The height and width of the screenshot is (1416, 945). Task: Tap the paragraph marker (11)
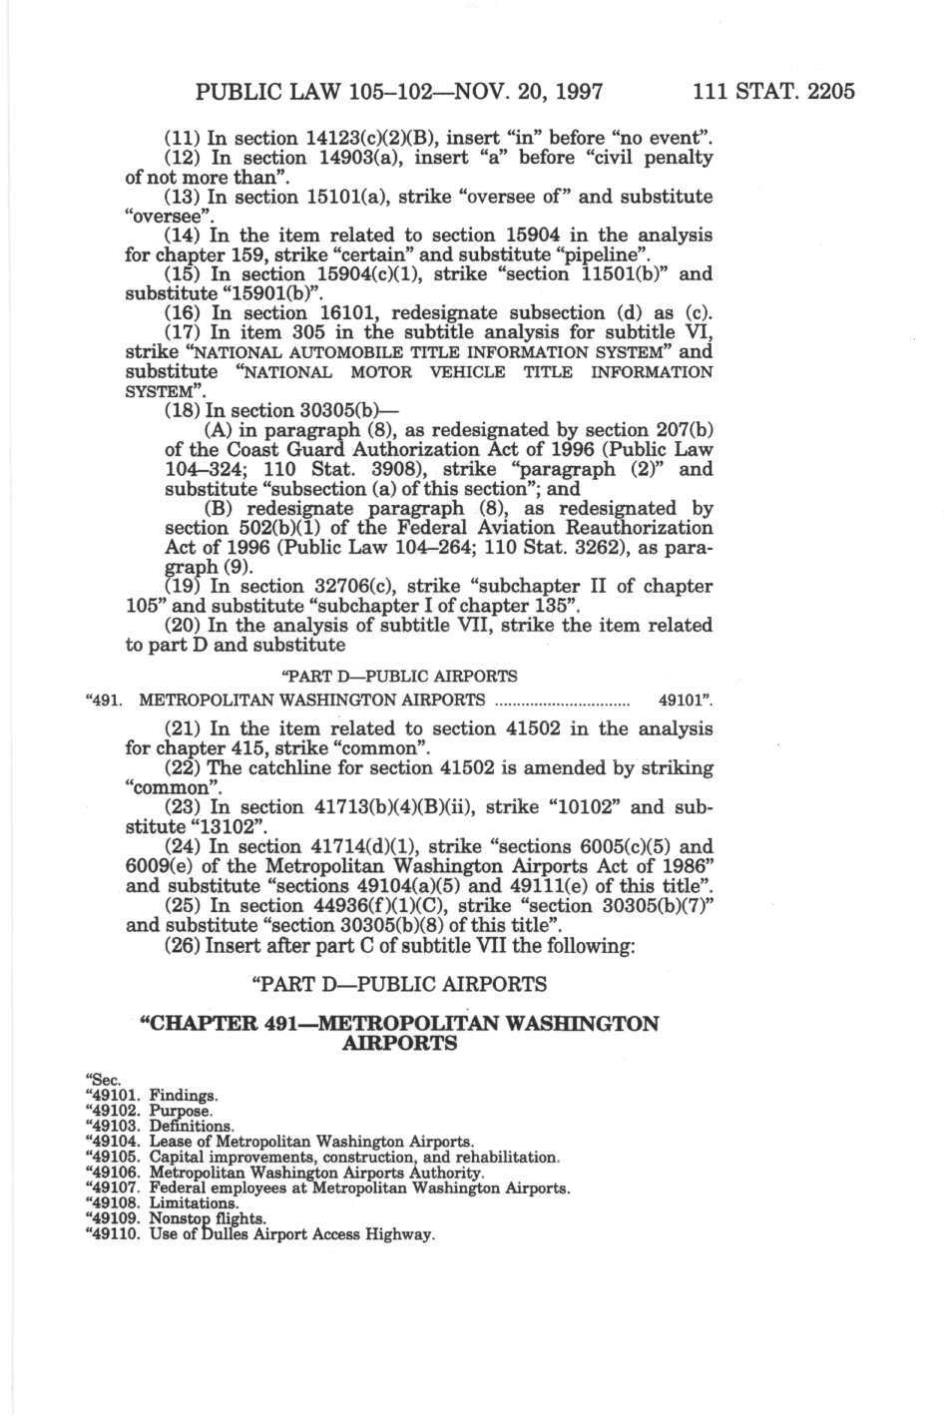tap(181, 138)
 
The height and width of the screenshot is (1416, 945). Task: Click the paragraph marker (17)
tap(181, 331)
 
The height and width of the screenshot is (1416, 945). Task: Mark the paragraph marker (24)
tap(181, 845)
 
